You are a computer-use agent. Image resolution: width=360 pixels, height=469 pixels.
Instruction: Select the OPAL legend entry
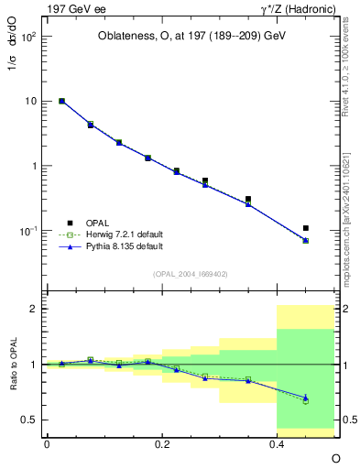click(x=97, y=222)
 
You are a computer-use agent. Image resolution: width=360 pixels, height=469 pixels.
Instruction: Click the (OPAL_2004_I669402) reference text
click(x=190, y=273)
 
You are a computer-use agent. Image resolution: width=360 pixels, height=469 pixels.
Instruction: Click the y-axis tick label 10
click(x=32, y=101)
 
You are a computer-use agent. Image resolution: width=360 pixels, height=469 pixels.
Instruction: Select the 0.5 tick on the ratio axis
click(x=31, y=420)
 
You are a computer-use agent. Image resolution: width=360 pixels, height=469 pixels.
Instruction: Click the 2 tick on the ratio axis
click(x=35, y=309)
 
